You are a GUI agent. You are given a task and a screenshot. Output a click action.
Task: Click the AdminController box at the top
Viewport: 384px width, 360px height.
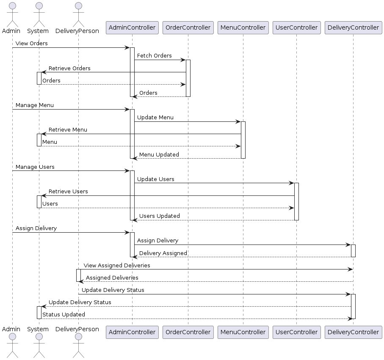click(132, 27)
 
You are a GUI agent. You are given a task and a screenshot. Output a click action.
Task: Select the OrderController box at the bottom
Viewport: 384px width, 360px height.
click(188, 332)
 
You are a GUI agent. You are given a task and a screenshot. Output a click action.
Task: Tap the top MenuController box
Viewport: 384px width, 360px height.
click(243, 27)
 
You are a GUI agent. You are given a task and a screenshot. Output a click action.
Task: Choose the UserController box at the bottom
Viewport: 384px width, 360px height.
click(296, 332)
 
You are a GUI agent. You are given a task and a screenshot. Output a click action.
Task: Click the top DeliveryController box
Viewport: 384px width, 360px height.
click(353, 27)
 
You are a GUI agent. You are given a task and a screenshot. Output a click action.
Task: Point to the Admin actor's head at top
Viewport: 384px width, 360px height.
click(12, 6)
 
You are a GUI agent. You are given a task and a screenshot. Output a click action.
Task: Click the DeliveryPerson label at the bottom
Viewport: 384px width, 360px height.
click(78, 329)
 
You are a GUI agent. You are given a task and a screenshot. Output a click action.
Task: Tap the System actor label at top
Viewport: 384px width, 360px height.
click(38, 31)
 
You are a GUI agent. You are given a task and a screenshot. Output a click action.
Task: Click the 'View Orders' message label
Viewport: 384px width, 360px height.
click(32, 43)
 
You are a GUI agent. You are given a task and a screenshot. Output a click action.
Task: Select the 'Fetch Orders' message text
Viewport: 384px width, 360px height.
click(154, 55)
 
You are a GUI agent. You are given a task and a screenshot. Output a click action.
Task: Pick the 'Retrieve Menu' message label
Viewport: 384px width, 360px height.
click(68, 129)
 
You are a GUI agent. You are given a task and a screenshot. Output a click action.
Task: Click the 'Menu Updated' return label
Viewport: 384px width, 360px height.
click(159, 154)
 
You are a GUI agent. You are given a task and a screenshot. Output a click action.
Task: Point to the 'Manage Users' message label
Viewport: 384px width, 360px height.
click(35, 167)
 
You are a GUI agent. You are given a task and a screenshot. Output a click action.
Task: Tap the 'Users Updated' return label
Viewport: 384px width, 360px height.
click(159, 216)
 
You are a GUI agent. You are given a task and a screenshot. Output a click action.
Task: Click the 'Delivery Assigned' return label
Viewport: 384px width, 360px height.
click(163, 253)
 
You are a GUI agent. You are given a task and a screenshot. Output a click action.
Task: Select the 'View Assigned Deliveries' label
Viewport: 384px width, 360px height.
click(117, 265)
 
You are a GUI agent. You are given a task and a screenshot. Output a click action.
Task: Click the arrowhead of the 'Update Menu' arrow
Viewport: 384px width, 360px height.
click(239, 122)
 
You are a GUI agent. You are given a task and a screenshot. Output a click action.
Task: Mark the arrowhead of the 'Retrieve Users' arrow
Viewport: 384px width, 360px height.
click(43, 195)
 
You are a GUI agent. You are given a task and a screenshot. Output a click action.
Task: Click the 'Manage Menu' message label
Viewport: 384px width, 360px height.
click(35, 105)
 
